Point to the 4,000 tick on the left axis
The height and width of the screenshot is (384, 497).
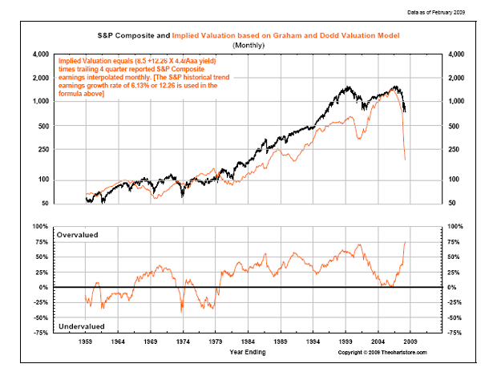tap(39, 55)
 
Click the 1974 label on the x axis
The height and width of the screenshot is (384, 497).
tap(184, 341)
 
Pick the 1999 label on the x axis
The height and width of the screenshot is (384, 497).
tap(345, 341)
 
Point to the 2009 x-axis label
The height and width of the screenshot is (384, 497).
tap(410, 341)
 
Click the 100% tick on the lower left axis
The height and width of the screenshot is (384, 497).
tap(41, 226)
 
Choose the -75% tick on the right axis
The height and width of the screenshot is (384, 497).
tap(455, 333)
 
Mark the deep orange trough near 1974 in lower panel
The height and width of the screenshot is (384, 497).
tap(183, 311)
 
